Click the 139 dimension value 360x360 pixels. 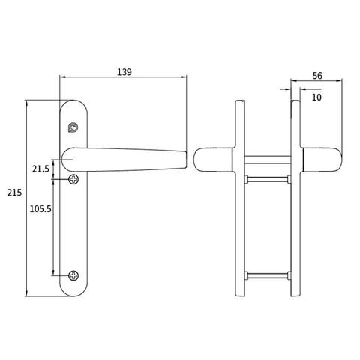tap(124, 72)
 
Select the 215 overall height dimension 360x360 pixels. tap(13, 193)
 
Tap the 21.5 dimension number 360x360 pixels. tap(41, 169)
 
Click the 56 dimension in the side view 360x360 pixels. tap(316, 76)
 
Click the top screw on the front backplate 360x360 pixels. tap(73, 127)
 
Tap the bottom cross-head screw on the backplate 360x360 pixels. tap(73, 275)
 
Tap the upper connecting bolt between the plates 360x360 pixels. tap(265, 178)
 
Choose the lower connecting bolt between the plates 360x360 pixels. tap(265, 273)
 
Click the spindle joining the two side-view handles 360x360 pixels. tap(265, 158)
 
